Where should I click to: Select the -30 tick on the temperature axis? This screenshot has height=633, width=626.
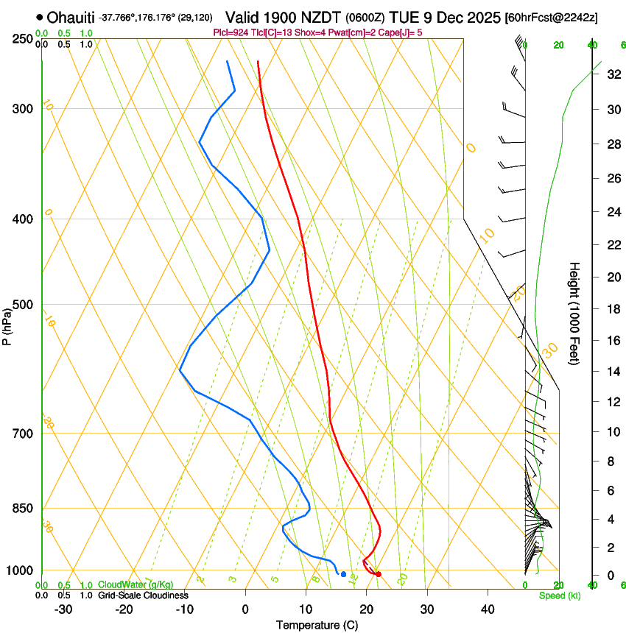click(x=63, y=609)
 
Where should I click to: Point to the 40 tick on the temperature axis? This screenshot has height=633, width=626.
click(x=487, y=609)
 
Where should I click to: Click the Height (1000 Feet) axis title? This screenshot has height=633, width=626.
click(x=575, y=314)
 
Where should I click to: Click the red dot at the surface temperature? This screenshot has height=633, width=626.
click(x=378, y=574)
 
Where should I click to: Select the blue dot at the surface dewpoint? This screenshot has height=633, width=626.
click(x=343, y=573)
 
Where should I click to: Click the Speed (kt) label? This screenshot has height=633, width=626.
click(x=559, y=595)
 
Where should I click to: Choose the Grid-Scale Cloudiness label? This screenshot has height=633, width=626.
click(x=143, y=595)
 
